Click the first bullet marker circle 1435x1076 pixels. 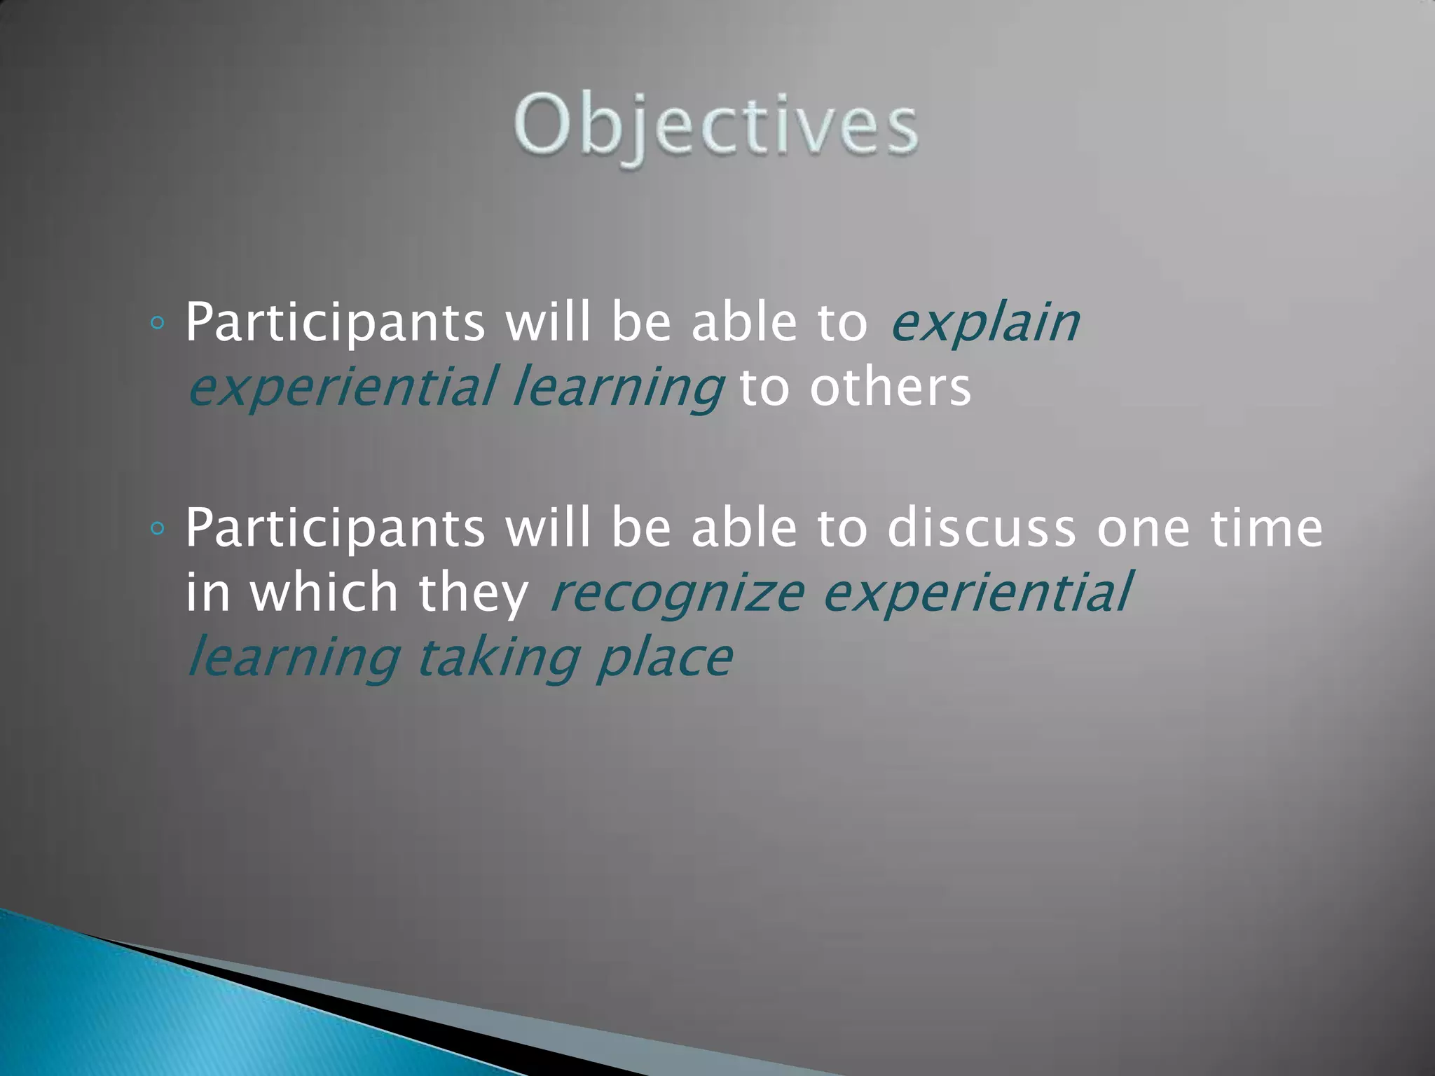[x=158, y=323]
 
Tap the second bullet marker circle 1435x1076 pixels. [x=158, y=528]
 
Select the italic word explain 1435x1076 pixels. [x=984, y=324]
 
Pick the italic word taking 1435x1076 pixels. [x=498, y=658]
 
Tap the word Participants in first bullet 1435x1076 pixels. [x=335, y=324]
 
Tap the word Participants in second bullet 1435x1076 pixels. [x=335, y=529]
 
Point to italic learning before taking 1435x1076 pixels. [x=294, y=658]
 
